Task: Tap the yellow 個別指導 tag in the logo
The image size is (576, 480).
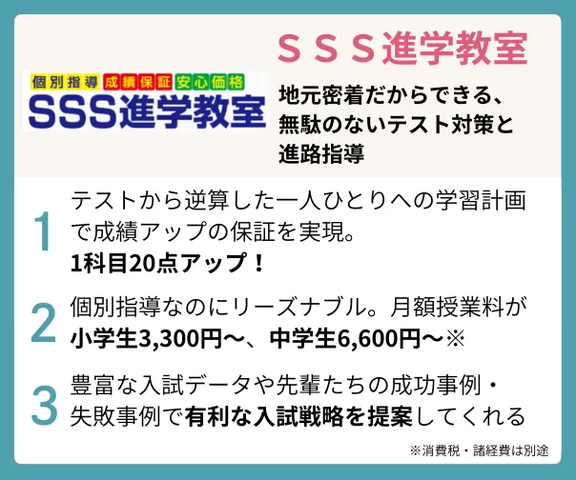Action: click(65, 81)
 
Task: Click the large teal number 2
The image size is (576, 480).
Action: click(43, 323)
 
